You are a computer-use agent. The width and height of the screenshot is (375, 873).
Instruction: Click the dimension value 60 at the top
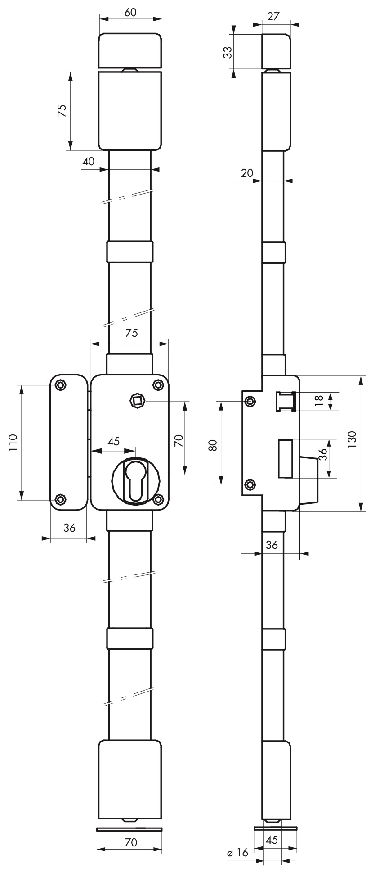click(x=130, y=13)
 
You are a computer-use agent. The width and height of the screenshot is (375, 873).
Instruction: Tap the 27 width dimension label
click(x=273, y=16)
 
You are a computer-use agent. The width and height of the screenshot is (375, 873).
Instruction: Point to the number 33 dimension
click(x=228, y=52)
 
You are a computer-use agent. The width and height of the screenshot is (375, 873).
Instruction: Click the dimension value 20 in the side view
click(x=247, y=173)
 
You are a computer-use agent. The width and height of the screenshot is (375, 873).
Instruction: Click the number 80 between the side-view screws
click(x=213, y=445)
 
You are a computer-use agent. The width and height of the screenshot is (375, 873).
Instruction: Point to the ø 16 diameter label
click(x=238, y=852)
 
